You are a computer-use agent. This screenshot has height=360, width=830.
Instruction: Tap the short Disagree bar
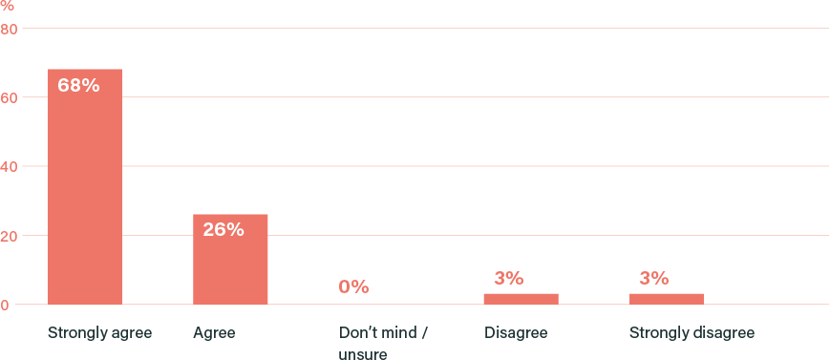(521, 298)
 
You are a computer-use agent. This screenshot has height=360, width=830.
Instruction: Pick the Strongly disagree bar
(667, 298)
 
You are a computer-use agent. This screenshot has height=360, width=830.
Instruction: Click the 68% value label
(78, 85)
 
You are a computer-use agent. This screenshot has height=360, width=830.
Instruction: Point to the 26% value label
(223, 229)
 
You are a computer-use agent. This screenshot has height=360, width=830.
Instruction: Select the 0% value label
(353, 286)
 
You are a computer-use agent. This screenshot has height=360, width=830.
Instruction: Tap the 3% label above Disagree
(508, 279)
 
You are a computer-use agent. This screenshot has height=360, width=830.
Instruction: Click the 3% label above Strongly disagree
(653, 279)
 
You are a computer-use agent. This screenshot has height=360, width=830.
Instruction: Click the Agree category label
(214, 333)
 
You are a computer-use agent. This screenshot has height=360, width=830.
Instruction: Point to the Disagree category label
(516, 333)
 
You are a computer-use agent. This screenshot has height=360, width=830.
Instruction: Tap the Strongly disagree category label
(692, 333)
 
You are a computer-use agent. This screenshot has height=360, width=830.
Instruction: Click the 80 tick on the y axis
(9, 29)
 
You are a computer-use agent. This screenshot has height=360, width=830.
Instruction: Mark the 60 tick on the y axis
(9, 97)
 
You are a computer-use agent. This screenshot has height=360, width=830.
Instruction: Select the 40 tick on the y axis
(9, 166)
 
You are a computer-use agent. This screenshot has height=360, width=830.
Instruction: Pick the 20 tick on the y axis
(9, 235)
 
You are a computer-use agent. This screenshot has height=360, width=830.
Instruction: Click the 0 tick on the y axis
(5, 305)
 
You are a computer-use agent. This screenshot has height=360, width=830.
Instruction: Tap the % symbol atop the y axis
(7, 6)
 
